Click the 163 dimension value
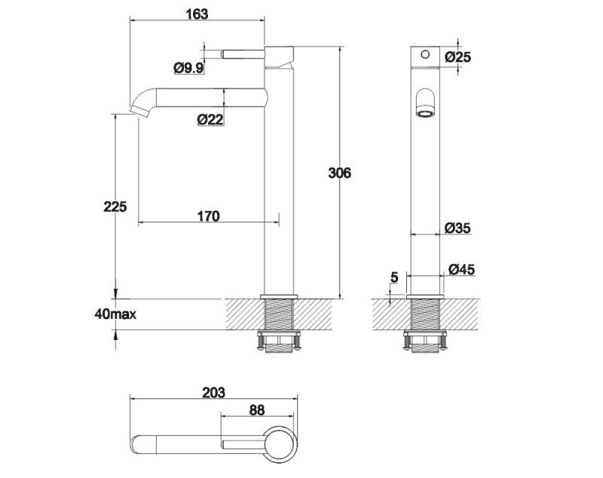click(197, 14)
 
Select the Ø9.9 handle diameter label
click(188, 69)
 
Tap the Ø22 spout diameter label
click(210, 120)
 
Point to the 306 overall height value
click(340, 173)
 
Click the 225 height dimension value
click(115, 207)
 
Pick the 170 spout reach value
click(209, 216)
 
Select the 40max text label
click(115, 314)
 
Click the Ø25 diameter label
click(458, 57)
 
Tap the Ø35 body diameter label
click(458, 228)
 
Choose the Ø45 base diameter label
click(461, 269)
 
